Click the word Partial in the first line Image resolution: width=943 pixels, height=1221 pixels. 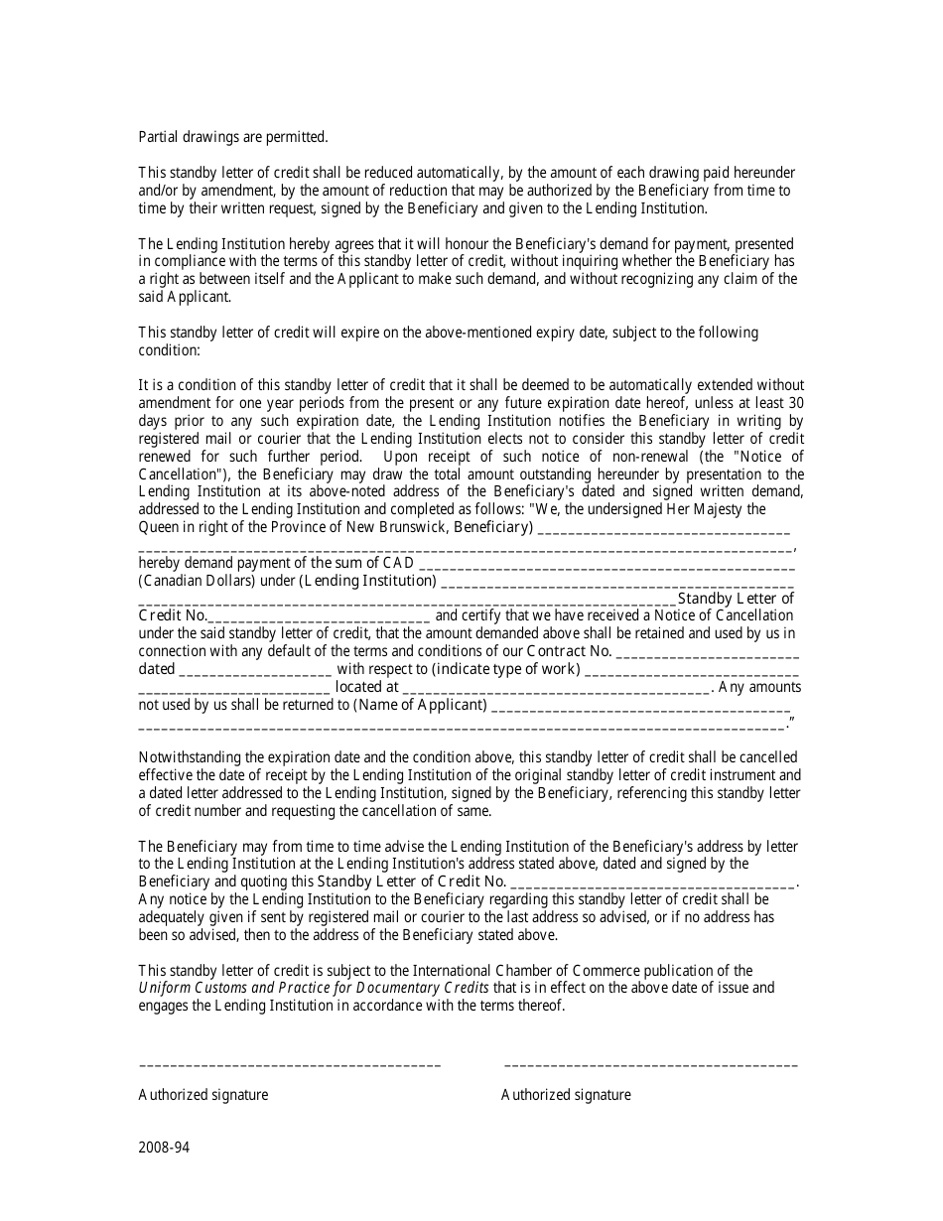pyautogui.click(x=160, y=137)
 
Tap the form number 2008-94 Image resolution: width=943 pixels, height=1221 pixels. pyautogui.click(x=164, y=1149)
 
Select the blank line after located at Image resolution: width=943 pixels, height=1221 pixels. pyautogui.click(x=557, y=687)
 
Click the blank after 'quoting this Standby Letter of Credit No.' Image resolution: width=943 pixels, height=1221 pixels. pyautogui.click(x=652, y=882)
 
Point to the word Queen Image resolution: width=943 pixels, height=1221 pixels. pyautogui.click(x=160, y=527)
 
